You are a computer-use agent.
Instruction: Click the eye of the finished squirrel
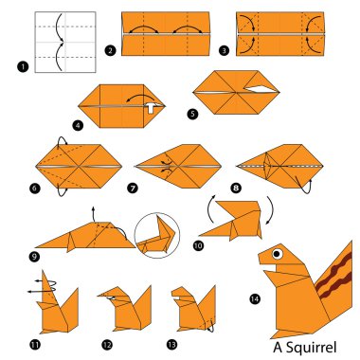[278, 254]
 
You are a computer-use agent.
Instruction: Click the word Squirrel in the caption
[309, 347]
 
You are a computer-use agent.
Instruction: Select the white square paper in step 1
[64, 43]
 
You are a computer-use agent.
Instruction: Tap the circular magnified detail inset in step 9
[157, 236]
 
